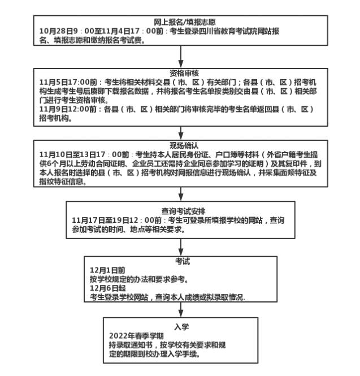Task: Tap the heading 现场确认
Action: coord(180,145)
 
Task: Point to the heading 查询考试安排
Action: coord(180,211)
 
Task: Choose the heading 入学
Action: coord(180,327)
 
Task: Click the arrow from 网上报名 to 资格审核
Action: coord(180,55)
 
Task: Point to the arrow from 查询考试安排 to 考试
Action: coord(180,244)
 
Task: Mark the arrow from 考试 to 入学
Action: coord(180,309)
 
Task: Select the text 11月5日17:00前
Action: coord(66,82)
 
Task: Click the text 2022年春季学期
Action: coord(128,336)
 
